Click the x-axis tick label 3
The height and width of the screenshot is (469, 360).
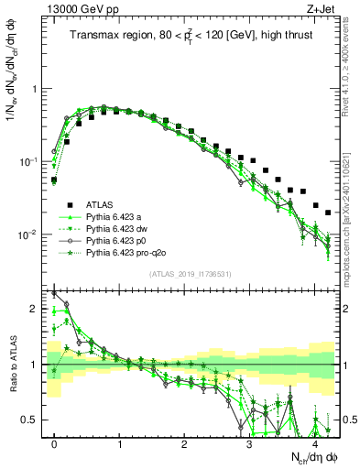[x=249, y=443]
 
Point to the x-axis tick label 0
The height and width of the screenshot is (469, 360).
[x=54, y=443]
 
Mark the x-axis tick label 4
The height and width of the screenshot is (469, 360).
[x=314, y=443]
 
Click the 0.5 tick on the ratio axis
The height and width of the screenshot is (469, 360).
[x=35, y=420]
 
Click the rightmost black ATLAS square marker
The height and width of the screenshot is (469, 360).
[x=328, y=213]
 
